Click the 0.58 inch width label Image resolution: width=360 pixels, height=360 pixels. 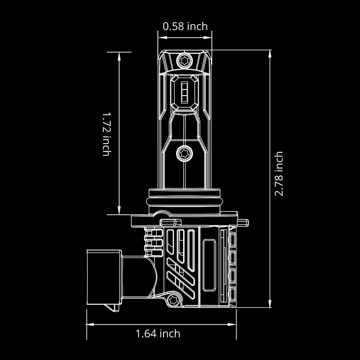tap(185, 26)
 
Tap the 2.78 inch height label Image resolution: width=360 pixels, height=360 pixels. tap(279, 174)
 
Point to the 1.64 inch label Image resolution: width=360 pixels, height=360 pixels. tap(158, 333)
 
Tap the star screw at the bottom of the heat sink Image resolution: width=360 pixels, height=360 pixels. tap(173, 299)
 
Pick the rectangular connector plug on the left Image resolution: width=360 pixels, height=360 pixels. tap(104, 277)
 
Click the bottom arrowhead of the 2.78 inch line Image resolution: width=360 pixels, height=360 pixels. tap(270, 305)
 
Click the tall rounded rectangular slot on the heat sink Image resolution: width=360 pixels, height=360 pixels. tap(209, 266)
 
